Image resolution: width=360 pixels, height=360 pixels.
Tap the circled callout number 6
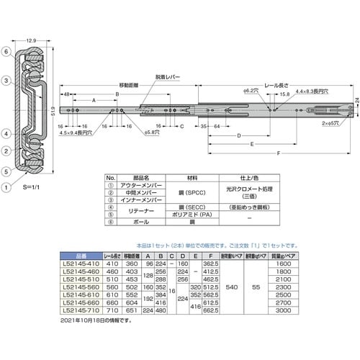pyautogui.click(x=6, y=53)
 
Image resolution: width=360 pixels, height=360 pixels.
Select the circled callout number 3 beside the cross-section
pyautogui.click(x=6, y=81)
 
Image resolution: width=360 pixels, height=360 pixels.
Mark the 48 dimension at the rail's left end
pyautogui.click(x=66, y=94)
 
